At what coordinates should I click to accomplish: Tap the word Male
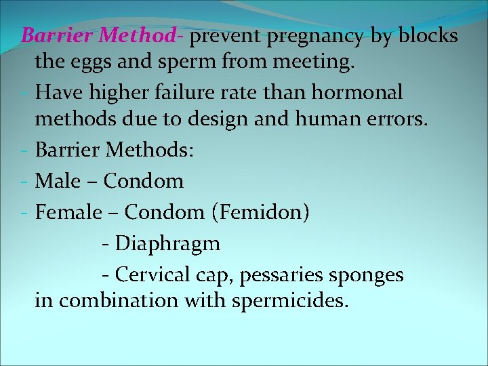point(57,181)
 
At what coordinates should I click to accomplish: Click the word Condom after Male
point(144,181)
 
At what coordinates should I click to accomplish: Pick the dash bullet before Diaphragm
point(106,243)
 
